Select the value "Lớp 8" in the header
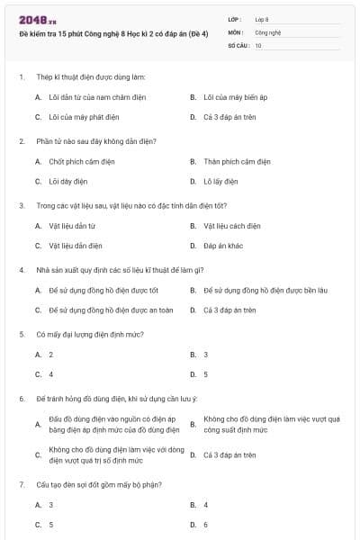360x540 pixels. [262, 19]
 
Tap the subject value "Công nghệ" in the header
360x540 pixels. [268, 31]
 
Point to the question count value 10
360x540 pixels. [258, 45]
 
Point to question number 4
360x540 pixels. [21, 270]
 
